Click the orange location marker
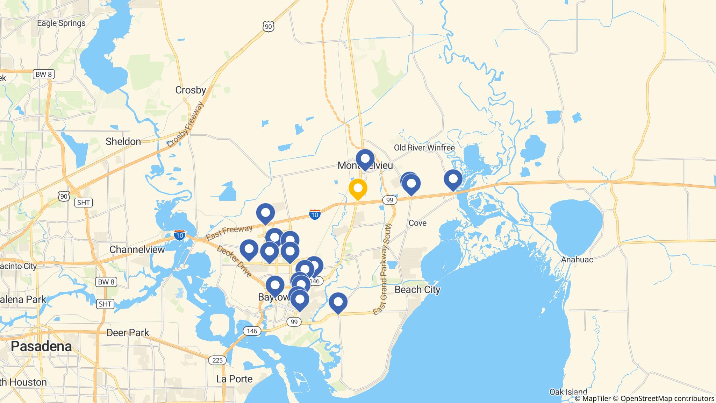pos(358,188)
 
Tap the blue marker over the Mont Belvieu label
pos(365,159)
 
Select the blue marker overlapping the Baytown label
pos(275,285)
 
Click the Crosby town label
pos(191,90)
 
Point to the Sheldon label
pos(123,141)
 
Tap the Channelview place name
pos(137,249)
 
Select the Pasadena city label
pos(41,346)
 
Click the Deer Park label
pos(128,332)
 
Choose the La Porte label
pos(234,379)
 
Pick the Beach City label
pos(417,290)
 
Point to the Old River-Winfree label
pos(424,148)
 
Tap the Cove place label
pos(417,223)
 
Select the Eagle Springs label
pos(61,23)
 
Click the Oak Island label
pos(568,391)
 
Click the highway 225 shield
pos(217,360)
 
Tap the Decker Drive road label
pos(234,261)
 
